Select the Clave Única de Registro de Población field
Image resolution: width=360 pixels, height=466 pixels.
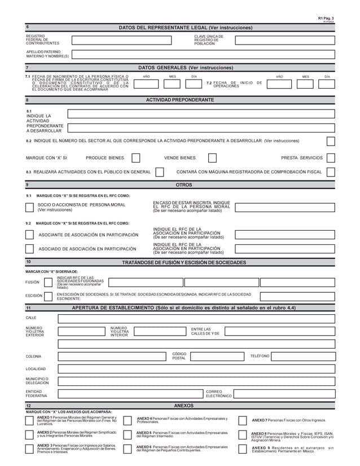click(x=284, y=40)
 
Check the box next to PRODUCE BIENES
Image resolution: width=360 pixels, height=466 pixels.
click(x=135, y=159)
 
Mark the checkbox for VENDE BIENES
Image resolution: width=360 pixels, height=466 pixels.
click(x=212, y=159)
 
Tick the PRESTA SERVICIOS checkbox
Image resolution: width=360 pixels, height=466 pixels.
click(x=331, y=159)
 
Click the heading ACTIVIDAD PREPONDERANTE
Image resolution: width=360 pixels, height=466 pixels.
click(x=180, y=100)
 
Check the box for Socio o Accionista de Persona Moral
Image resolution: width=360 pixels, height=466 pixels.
click(x=29, y=207)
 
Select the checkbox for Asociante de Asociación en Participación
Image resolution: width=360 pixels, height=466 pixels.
click(x=29, y=234)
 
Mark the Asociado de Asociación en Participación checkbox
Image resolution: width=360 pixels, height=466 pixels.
click(x=29, y=249)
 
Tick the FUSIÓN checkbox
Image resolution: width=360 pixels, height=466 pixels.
click(x=48, y=282)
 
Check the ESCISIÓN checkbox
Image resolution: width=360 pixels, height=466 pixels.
click(x=48, y=296)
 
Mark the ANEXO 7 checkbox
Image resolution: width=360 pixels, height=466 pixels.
click(x=242, y=421)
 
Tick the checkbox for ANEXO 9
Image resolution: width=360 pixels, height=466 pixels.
click(x=242, y=450)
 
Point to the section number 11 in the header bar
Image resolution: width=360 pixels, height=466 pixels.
click(x=28, y=307)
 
